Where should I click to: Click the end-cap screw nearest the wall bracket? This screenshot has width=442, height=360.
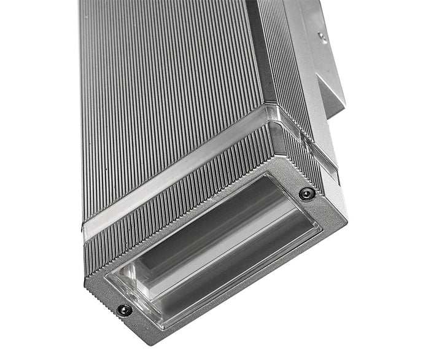(x=304, y=194)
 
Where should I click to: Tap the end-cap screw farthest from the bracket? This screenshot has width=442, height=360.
(x=125, y=310)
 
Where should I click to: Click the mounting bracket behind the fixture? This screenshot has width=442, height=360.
(x=325, y=68)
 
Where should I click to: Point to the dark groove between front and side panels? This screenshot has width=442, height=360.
(x=253, y=61)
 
